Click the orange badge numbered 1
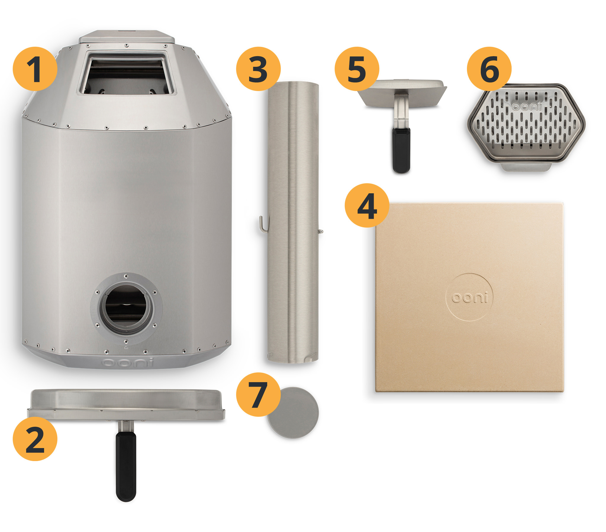pos(35,69)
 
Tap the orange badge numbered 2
pos(35,439)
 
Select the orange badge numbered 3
pos(258,69)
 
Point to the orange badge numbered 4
pos(367,205)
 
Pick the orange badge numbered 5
pos(357,69)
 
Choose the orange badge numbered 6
pos(489,69)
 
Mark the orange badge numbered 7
pos(258,394)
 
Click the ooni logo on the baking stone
pos(469,297)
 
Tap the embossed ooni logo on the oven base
pos(128,362)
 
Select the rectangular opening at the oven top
pos(126,73)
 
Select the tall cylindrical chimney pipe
pos(293,222)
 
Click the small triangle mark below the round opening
pos(126,347)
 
